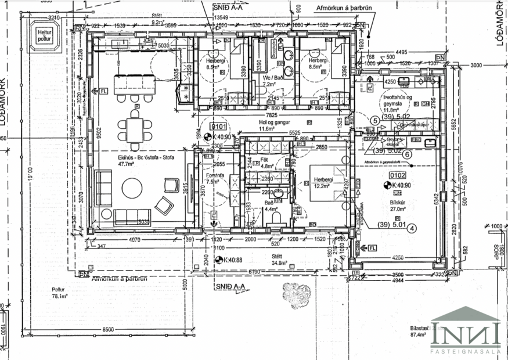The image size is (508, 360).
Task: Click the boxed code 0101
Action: [x=218, y=125]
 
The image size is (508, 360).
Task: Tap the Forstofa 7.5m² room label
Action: [x=215, y=178]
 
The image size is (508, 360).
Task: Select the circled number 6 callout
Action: [x=407, y=154]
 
